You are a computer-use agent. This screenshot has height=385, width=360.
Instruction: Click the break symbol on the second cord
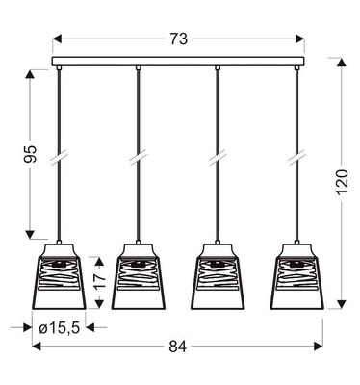point(139,154)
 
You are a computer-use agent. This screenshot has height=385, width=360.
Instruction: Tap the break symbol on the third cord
point(219,154)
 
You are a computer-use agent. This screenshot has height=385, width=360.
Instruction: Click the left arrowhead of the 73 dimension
point(57,39)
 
